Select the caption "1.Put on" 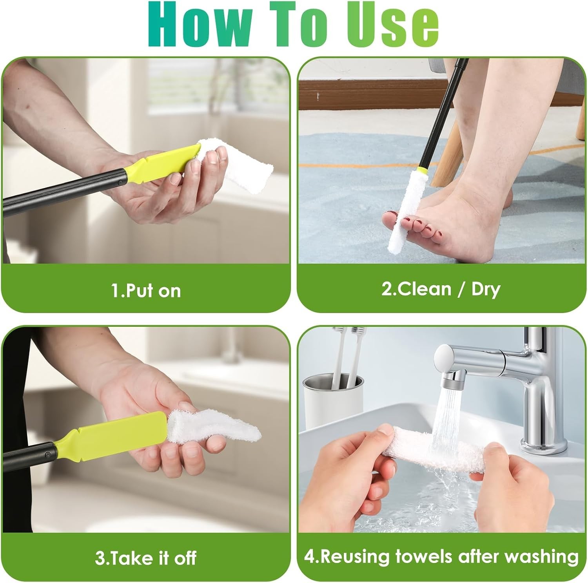pyautogui.click(x=146, y=291)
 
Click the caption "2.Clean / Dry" pyautogui.click(x=441, y=289)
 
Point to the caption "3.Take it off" pyautogui.click(x=145, y=558)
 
